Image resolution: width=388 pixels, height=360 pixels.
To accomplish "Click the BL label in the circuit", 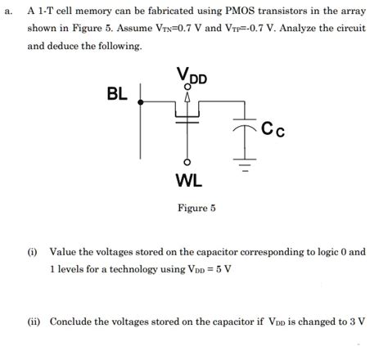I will [117, 94].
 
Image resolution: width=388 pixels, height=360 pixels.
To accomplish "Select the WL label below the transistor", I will [189, 178].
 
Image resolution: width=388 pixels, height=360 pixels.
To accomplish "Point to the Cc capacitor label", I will [273, 129].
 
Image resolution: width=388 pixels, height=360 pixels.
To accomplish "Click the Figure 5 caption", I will [196, 208].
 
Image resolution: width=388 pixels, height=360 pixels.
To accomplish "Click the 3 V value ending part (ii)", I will [357, 322].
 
